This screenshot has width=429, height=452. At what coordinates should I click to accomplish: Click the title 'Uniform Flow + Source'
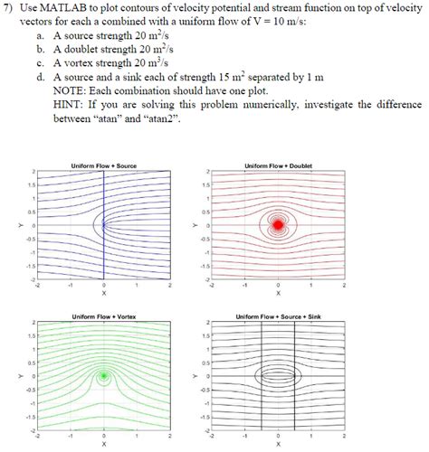tap(103, 165)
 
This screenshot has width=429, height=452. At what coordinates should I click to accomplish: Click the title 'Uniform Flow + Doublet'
tap(278, 165)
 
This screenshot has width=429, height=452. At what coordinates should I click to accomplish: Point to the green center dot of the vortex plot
tap(104, 374)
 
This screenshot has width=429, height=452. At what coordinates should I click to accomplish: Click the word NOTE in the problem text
tap(71, 90)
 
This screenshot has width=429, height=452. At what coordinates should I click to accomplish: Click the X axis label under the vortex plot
tap(104, 444)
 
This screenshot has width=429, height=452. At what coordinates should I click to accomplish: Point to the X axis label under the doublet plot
tap(278, 293)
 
